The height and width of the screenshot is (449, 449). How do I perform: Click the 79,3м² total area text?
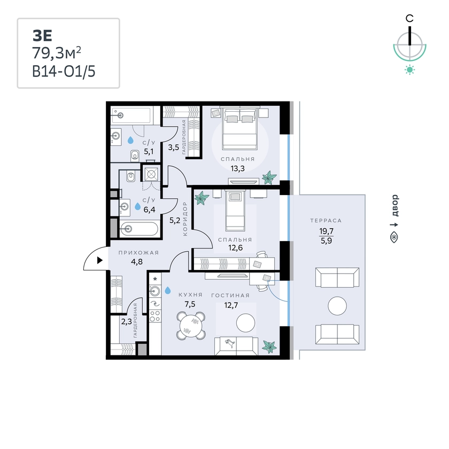coord(57,53)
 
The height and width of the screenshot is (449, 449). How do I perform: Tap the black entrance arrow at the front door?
coord(99,260)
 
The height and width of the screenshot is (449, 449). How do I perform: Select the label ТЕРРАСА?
coord(326,220)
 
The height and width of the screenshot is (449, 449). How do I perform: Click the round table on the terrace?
coord(337,306)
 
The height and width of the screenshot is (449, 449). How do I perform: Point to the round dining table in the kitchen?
coord(191,326)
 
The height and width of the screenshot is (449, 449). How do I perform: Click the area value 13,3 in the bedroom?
coord(238,169)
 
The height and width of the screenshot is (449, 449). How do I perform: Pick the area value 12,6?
coord(235,247)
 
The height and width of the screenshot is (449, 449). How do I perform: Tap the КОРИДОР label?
coord(185,219)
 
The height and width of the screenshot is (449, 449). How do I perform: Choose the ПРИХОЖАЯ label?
coord(138,252)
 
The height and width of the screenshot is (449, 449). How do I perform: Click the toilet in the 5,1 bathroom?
coord(135,156)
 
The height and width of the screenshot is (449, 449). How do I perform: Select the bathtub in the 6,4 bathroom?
coord(139,229)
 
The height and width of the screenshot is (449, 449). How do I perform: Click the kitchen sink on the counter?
coord(155,291)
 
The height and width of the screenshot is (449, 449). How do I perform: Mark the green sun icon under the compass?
coord(410,70)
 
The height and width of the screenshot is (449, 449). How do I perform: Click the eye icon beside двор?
coord(394,237)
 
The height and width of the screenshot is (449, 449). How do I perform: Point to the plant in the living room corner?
coord(269,347)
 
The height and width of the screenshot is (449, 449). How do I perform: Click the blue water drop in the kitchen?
coord(167,290)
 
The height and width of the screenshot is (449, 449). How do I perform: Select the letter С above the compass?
coord(409,19)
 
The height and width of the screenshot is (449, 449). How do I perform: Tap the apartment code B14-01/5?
coord(64,71)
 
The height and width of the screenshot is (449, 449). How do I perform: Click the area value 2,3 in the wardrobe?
coord(126,322)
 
